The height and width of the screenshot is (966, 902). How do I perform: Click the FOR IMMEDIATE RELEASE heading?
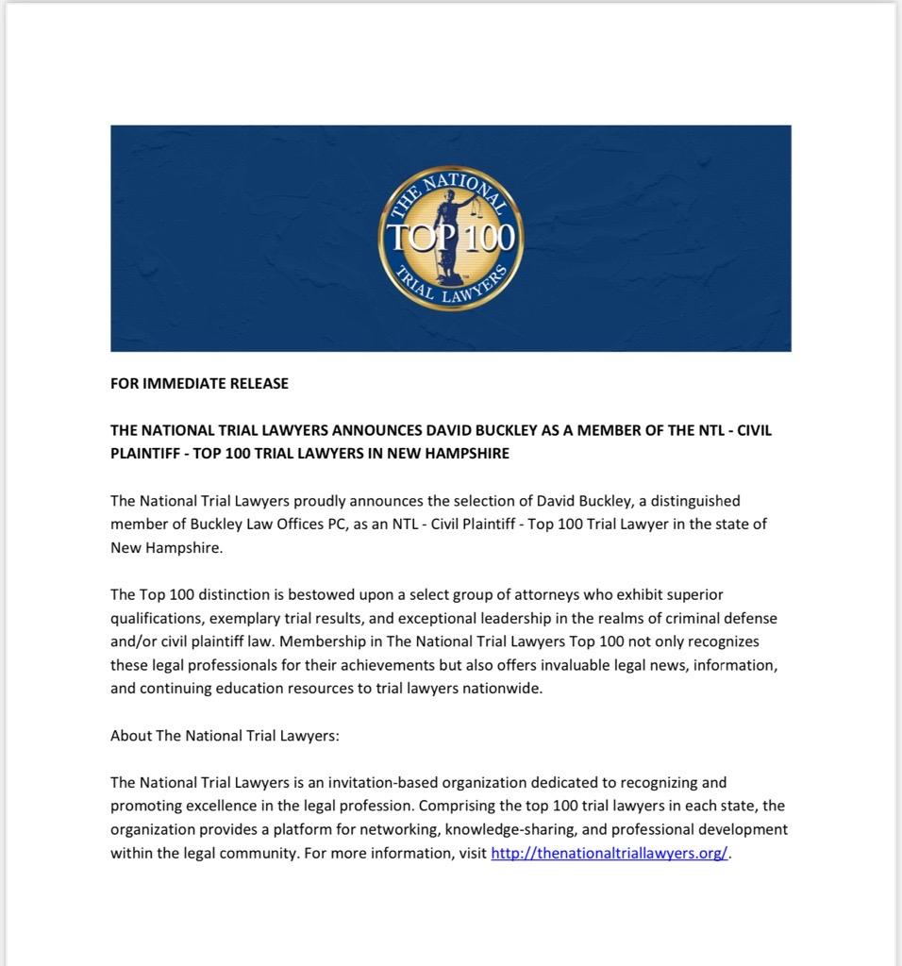tap(199, 384)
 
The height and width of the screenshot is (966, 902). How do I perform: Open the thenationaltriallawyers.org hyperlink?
tap(610, 854)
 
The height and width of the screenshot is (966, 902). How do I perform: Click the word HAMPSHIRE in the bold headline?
tap(462, 454)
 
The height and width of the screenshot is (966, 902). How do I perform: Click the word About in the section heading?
tap(130, 736)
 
